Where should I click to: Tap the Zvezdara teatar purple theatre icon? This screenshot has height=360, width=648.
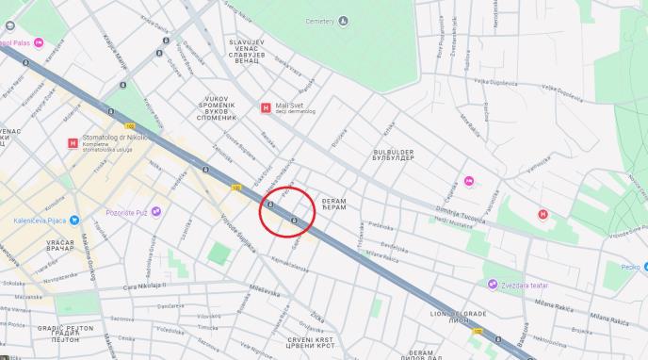click(x=492, y=257)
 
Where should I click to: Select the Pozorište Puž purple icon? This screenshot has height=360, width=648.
click(x=156, y=210)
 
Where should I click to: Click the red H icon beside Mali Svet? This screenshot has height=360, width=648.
click(x=267, y=107)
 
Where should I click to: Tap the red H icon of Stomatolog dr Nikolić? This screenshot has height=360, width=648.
click(x=73, y=143)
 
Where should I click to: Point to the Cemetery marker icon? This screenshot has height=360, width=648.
click(x=342, y=20)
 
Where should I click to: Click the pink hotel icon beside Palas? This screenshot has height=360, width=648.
click(x=39, y=43)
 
